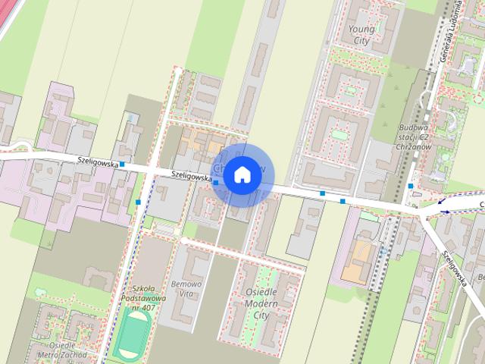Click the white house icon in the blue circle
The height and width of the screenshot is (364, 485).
(x=241, y=175)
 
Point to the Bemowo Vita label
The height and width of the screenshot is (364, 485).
(x=187, y=287)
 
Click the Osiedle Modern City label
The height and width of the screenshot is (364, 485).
(x=261, y=303)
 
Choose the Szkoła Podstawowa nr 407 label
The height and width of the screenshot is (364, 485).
(x=142, y=298)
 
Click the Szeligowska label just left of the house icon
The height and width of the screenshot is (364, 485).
(x=190, y=174)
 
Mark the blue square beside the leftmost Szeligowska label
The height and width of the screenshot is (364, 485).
(x=122, y=164)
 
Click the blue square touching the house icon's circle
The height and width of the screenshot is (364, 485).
(x=216, y=183)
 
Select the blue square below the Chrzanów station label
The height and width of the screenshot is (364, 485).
(x=410, y=186)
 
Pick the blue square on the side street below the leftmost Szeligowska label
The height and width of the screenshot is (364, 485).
(x=138, y=202)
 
